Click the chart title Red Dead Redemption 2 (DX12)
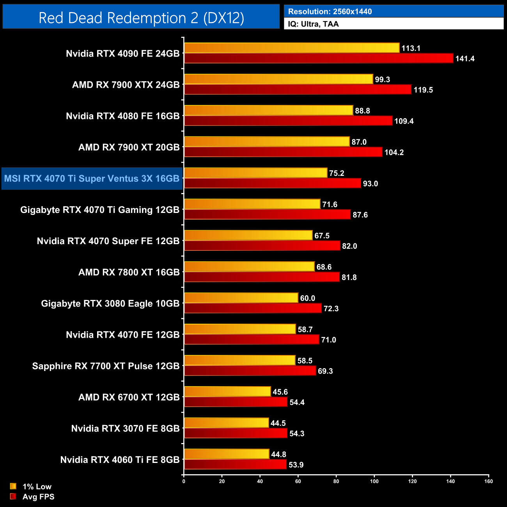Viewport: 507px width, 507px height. pos(141,18)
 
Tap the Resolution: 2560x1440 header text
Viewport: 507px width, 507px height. pos(330,12)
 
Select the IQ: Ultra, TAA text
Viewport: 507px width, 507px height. pos(313,24)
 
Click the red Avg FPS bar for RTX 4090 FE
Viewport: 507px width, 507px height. pos(318,58)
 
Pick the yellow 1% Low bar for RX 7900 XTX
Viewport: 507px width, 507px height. pos(278,79)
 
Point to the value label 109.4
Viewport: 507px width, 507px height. pos(404,121)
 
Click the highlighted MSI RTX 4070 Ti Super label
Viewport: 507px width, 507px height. pos(92,179)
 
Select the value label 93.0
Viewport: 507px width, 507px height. pos(370,184)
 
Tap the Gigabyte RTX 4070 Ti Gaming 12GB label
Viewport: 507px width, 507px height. pos(100,210)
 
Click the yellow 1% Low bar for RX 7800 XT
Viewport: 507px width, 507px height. pos(249,267)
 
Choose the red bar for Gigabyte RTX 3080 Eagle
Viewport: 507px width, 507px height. pos(253,308)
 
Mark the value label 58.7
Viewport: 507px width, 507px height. pos(305,330)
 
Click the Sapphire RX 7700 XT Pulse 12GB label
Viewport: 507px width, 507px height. pos(106,366)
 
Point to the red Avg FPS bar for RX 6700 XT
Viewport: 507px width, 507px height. pos(236,402)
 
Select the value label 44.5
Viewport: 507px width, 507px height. pos(278,423)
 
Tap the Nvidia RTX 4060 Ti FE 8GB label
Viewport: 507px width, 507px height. pos(120,460)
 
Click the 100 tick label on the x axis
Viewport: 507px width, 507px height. pos(374,481)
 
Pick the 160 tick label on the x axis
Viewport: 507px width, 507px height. pos(488,481)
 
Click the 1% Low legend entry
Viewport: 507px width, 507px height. pos(37,486)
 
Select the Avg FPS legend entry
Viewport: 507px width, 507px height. pos(38,496)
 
